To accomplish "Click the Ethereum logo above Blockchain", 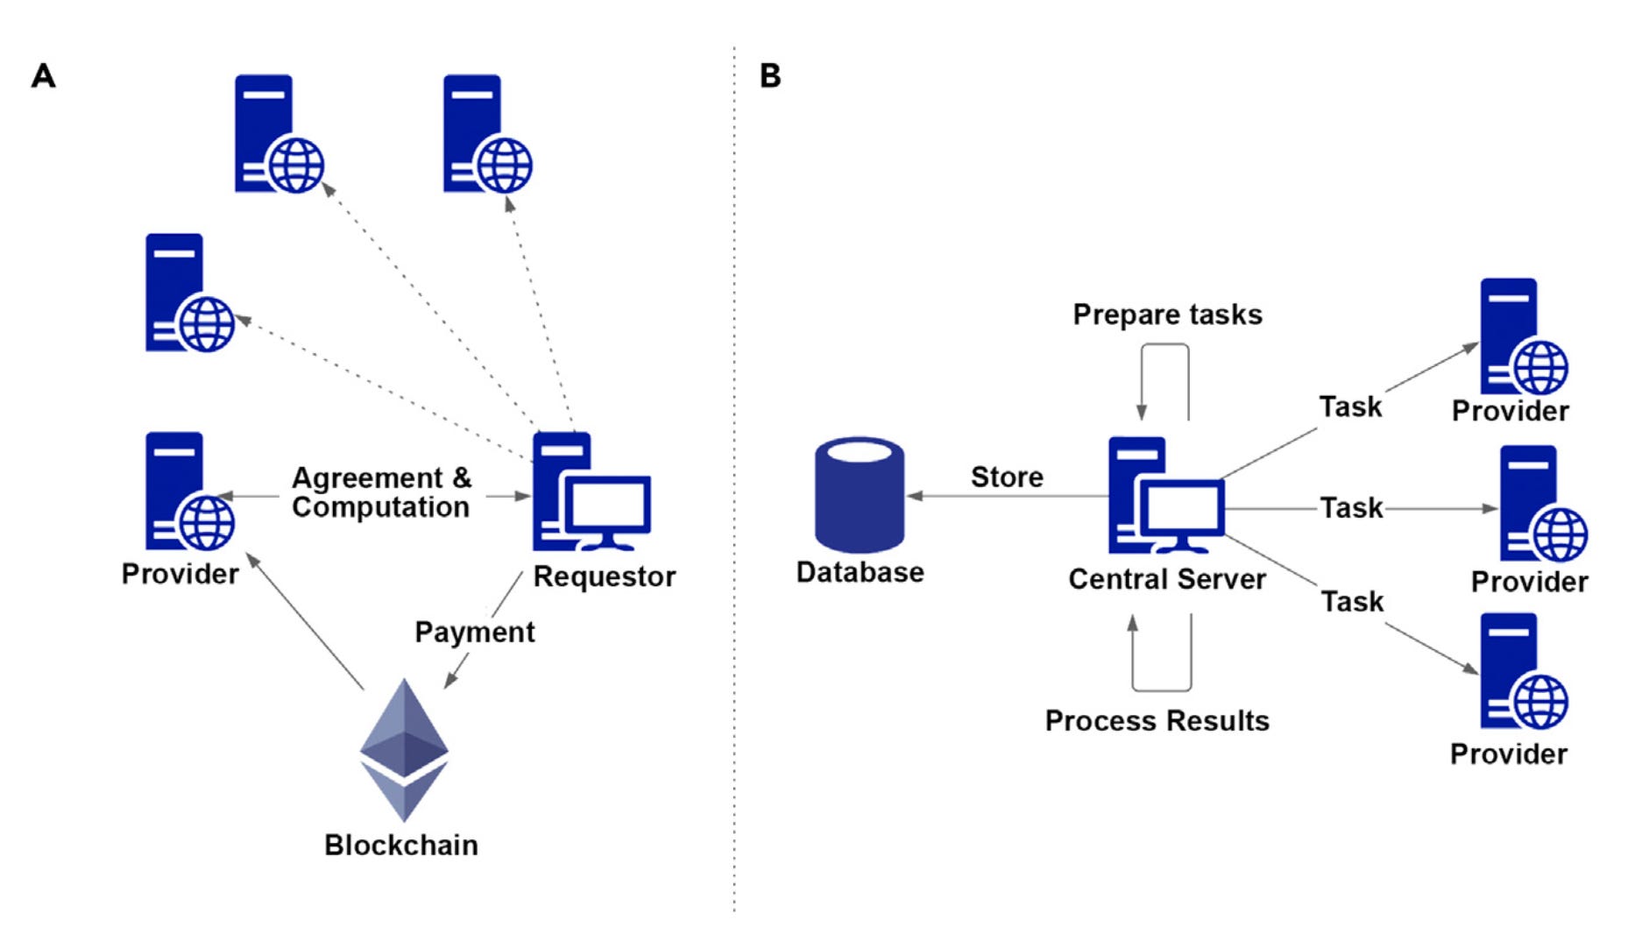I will click(404, 749).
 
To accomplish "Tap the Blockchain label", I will click(401, 845).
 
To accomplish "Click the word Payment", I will click(474, 632).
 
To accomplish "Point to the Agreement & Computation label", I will click(381, 492).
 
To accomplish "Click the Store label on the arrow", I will click(1007, 477).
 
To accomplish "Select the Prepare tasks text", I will click(1167, 315).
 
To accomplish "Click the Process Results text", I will click(1157, 720).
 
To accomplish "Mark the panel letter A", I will click(44, 76).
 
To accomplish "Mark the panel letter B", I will click(770, 76).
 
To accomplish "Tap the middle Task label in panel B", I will click(1351, 508).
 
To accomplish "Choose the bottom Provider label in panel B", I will click(1508, 754).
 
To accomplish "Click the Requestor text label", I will click(605, 577).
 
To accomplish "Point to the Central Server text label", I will click(1166, 579).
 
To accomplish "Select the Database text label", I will click(860, 572).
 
